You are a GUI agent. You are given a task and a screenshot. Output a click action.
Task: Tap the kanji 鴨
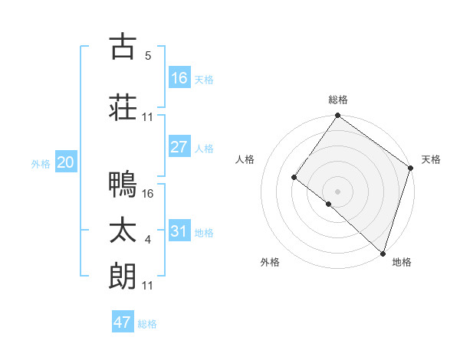[x=123, y=184]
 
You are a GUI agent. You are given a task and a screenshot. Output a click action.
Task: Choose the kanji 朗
[x=123, y=276]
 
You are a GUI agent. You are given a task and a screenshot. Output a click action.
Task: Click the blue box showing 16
[x=179, y=78]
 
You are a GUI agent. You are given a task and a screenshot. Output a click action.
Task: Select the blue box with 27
[x=179, y=147]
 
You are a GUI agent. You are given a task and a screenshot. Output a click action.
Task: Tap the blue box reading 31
[x=179, y=231]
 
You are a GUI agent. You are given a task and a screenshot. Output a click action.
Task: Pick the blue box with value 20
[x=66, y=162]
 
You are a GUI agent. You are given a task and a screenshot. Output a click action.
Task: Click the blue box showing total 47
[x=123, y=322]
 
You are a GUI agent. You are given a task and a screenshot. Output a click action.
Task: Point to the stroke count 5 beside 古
[x=147, y=56]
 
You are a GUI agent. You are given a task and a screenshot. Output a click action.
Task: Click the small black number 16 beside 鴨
[x=149, y=194]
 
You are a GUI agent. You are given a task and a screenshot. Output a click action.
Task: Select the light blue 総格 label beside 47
[x=147, y=324]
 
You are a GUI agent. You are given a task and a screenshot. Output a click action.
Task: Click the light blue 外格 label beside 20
[x=41, y=164]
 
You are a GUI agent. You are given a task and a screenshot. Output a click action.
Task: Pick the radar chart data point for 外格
[x=329, y=204]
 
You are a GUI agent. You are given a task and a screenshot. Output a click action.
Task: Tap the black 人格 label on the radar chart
[x=245, y=159]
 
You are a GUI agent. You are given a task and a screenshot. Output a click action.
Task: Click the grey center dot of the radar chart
[x=337, y=191]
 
